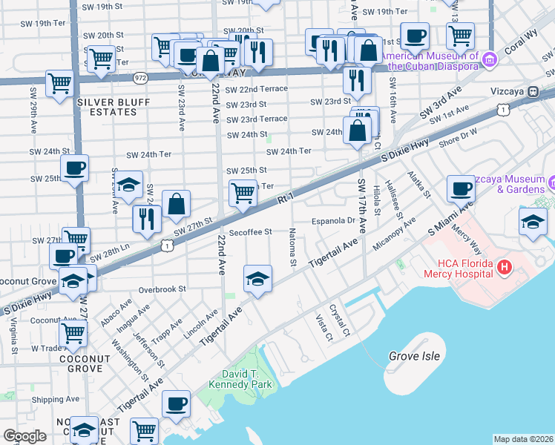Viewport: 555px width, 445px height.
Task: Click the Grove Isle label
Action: click(414, 357)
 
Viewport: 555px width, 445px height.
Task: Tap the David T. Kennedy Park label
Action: click(249, 378)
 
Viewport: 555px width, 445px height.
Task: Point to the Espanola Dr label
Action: click(335, 220)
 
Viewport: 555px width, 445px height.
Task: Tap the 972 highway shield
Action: click(140, 77)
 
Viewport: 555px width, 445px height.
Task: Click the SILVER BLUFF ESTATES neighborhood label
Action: click(107, 107)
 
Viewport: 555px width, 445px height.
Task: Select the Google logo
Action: click(24, 435)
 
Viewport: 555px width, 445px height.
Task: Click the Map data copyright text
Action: click(523, 439)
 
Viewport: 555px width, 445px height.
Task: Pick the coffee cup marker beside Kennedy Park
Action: click(177, 404)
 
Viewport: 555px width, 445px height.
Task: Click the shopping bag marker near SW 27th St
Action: click(176, 204)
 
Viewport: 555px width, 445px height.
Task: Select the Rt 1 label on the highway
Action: click(286, 200)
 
